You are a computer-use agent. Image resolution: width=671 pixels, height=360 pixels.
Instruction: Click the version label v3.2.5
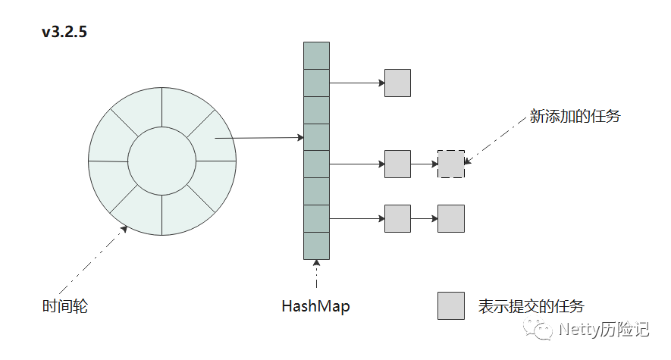[64, 32]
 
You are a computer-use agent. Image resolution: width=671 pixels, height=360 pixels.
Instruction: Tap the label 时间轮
[65, 306]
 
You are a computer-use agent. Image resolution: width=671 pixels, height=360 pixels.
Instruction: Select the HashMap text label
[316, 306]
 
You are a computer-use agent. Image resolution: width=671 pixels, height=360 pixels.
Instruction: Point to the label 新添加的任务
[575, 116]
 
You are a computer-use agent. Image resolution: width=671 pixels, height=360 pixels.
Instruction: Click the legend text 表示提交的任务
[531, 306]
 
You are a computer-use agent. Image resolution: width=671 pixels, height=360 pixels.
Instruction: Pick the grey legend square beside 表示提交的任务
[451, 305]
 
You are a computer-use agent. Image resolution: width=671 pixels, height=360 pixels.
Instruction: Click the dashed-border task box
[451, 164]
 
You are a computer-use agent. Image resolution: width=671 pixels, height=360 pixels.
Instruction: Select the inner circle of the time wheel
[161, 127]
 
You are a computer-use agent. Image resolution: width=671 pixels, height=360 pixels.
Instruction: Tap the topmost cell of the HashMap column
[316, 55]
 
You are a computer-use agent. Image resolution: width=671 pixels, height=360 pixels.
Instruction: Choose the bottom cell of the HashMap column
[316, 246]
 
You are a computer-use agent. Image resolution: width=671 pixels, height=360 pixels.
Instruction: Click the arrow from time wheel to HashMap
[259, 138]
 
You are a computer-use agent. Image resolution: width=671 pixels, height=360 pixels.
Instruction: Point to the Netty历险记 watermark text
[604, 329]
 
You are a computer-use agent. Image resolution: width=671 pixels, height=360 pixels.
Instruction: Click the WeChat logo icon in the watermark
[538, 329]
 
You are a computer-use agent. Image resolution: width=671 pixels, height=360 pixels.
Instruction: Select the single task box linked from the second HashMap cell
[397, 83]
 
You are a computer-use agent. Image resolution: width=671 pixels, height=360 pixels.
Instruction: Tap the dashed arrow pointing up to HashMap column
[316, 274]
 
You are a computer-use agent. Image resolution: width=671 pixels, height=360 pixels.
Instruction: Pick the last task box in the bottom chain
[451, 218]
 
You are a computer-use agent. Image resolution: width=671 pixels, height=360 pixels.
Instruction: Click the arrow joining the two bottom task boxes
[424, 218]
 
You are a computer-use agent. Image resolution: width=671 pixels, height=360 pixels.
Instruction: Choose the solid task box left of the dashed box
[397, 164]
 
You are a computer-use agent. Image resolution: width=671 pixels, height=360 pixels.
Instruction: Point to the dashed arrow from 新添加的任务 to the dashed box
[495, 142]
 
